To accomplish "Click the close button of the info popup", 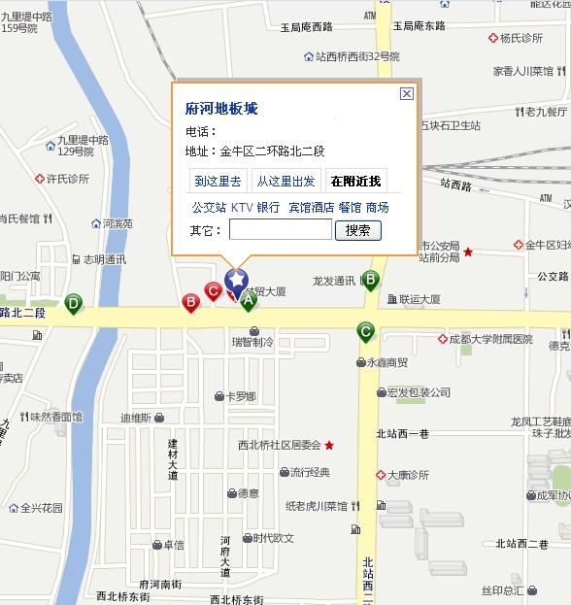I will (x=407, y=93).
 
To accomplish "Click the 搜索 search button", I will (x=357, y=230).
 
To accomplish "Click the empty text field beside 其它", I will (x=280, y=230).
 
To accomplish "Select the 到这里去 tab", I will (x=218, y=181).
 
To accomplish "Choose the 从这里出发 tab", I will (x=285, y=181).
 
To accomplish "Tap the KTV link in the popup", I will (x=241, y=207).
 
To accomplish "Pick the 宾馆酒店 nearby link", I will (x=311, y=207).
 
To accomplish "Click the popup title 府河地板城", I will (x=221, y=109).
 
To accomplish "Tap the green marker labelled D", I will (x=73, y=304).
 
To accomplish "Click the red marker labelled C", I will (x=213, y=289).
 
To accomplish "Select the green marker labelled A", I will (x=249, y=301).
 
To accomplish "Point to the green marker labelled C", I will (x=365, y=330).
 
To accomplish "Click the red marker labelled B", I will (x=191, y=302).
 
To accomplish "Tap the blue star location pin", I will (x=236, y=281).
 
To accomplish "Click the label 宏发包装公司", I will (x=418, y=392).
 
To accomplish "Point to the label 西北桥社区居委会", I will (x=279, y=445).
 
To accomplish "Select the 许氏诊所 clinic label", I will (x=67, y=179).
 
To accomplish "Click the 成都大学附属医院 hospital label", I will (x=490, y=339).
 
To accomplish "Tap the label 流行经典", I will (x=310, y=472).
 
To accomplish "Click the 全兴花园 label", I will (x=41, y=507).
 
